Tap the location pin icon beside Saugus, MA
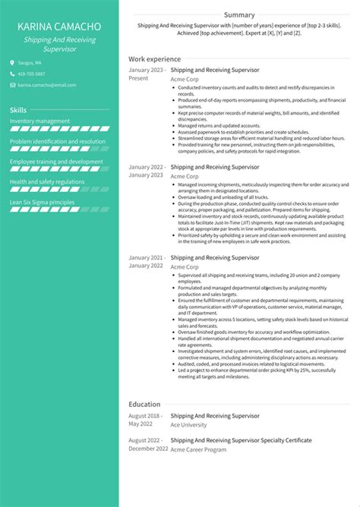[x=12, y=62]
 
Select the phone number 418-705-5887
[x=31, y=74]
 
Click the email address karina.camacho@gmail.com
[x=43, y=86]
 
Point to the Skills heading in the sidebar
[x=18, y=110]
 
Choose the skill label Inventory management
[x=40, y=121]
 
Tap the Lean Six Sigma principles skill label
[x=43, y=203]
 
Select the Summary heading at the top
[x=239, y=14]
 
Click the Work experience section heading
[x=154, y=58]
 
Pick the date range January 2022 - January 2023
[x=146, y=171]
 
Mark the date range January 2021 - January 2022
[x=146, y=262]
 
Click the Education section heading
[x=144, y=405]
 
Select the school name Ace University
[x=189, y=425]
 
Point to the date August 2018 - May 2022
[x=144, y=420]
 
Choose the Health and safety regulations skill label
[x=47, y=182]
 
